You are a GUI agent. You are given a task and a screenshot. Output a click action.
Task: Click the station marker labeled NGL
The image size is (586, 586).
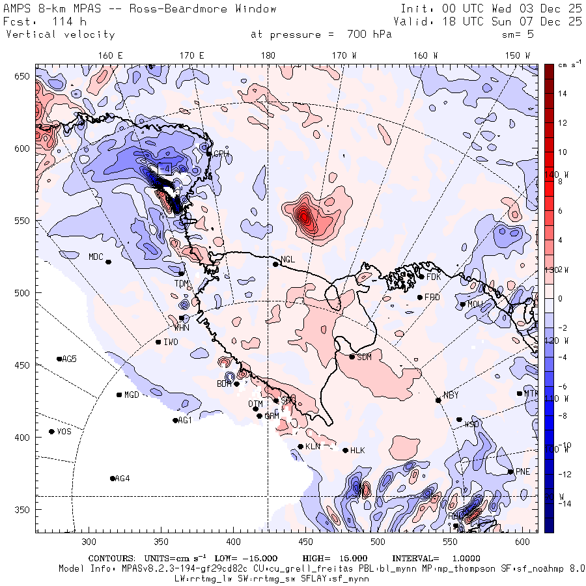coord(275,264)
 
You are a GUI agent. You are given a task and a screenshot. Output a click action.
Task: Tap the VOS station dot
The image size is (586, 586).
coord(51,432)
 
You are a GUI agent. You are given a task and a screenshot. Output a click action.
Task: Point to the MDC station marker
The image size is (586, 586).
coord(108,262)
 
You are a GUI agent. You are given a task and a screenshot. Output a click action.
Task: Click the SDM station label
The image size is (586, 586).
coord(364,357)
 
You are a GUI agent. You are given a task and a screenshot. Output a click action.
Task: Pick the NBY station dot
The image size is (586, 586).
coord(438,400)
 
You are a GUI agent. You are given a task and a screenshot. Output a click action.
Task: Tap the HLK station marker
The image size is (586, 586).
coord(345,450)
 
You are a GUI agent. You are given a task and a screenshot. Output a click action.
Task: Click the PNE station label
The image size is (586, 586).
coord(523,471)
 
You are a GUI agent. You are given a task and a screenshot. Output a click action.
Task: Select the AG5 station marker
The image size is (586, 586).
coord(59,359)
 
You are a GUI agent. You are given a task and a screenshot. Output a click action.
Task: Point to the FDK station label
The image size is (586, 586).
coord(434,277)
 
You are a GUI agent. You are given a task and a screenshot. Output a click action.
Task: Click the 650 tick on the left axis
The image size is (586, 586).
coord(24,77)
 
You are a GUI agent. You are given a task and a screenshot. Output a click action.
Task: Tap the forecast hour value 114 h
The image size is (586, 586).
coord(61,21)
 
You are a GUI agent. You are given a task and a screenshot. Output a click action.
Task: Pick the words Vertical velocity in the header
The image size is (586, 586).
coord(60,35)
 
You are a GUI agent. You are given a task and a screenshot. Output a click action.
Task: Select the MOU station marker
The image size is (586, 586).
coord(462,304)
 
